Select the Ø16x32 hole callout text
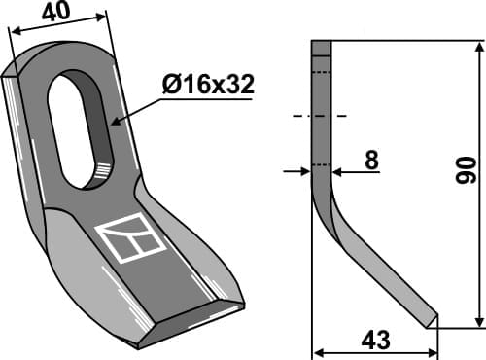[209, 86]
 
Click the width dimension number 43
[375, 341]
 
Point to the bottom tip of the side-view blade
[434, 325]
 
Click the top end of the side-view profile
[322, 42]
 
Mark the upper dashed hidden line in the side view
[322, 72]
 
